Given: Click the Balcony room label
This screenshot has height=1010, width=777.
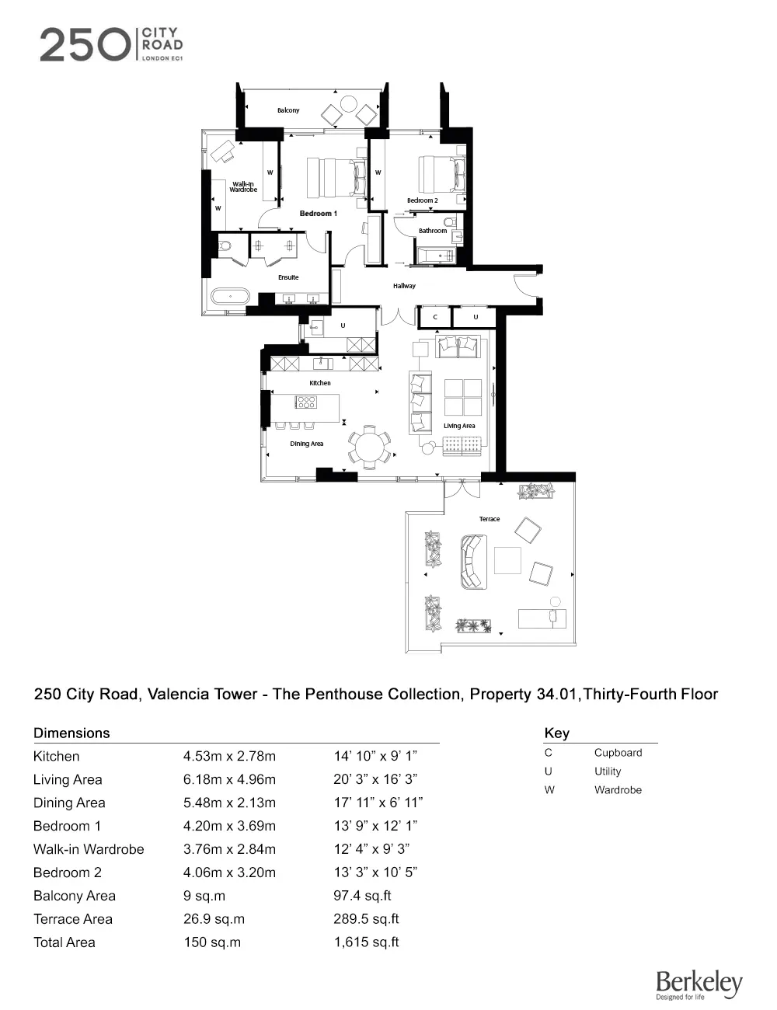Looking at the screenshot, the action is point(288,110).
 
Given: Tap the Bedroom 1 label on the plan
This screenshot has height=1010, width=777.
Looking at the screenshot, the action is point(319,214).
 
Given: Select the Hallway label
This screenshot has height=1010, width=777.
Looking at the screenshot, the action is point(404,286).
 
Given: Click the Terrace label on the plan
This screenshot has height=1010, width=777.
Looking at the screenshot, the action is point(490,519).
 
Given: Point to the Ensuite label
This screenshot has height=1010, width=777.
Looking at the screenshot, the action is point(288,277).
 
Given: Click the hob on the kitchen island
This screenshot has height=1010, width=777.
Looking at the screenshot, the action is point(306,402).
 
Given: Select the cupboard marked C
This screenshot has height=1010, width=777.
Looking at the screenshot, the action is point(435,317).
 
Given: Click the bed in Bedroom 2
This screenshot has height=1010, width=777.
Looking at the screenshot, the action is point(442,174).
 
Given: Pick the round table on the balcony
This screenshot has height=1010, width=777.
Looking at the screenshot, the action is point(349,103).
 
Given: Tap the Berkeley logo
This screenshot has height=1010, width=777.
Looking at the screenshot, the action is point(699,984).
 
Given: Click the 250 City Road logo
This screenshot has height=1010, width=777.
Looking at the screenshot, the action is point(112,44).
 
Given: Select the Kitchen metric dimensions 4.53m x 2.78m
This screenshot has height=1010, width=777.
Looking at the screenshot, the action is point(229,756).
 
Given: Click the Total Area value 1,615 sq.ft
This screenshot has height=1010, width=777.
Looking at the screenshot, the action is point(367,942).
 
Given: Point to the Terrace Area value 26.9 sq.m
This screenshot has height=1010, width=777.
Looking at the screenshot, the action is point(214,919).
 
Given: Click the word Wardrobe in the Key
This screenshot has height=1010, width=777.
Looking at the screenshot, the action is point(618,789).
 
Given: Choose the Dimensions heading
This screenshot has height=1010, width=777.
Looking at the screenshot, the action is point(71,733).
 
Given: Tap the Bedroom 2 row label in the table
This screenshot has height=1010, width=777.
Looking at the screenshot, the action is point(68,872).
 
